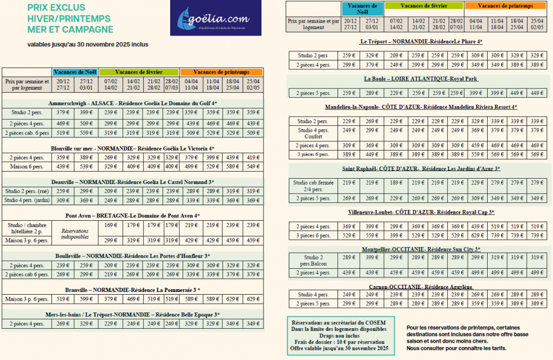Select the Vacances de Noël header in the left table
click(x=76, y=72)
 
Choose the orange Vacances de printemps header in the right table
click(x=505, y=5)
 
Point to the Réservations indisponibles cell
click(x=76, y=233)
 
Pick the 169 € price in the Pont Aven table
click(x=111, y=225)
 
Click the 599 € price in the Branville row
click(x=86, y=298)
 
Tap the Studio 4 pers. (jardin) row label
click(x=27, y=200)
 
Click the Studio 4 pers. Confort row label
click(x=313, y=133)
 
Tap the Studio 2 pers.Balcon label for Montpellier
click(x=313, y=261)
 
